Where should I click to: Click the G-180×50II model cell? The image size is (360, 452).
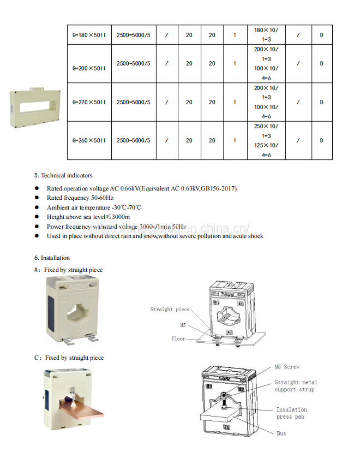click(x=89, y=35)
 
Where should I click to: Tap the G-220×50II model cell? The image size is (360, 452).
click(x=89, y=102)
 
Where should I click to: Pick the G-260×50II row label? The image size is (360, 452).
click(x=89, y=140)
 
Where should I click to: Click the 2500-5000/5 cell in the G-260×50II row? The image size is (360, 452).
click(x=133, y=140)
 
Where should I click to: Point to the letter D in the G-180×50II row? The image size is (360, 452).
click(x=321, y=35)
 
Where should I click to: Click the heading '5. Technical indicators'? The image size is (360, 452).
click(x=63, y=176)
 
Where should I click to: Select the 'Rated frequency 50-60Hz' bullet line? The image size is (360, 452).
click(x=80, y=198)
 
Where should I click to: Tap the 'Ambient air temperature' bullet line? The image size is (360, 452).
click(x=94, y=207)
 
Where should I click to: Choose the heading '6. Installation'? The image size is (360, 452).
click(x=52, y=258)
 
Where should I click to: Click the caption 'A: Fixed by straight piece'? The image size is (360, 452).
click(x=68, y=270)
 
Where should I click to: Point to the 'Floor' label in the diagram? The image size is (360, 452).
click(x=178, y=338)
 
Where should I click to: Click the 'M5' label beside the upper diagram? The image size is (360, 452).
click(x=183, y=325)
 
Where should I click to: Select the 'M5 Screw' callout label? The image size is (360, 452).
click(x=287, y=367)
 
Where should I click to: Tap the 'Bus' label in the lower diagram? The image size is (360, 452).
click(x=281, y=433)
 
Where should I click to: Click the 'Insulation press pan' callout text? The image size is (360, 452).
click(x=291, y=413)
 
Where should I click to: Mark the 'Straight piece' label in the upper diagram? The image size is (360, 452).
click(x=170, y=310)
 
